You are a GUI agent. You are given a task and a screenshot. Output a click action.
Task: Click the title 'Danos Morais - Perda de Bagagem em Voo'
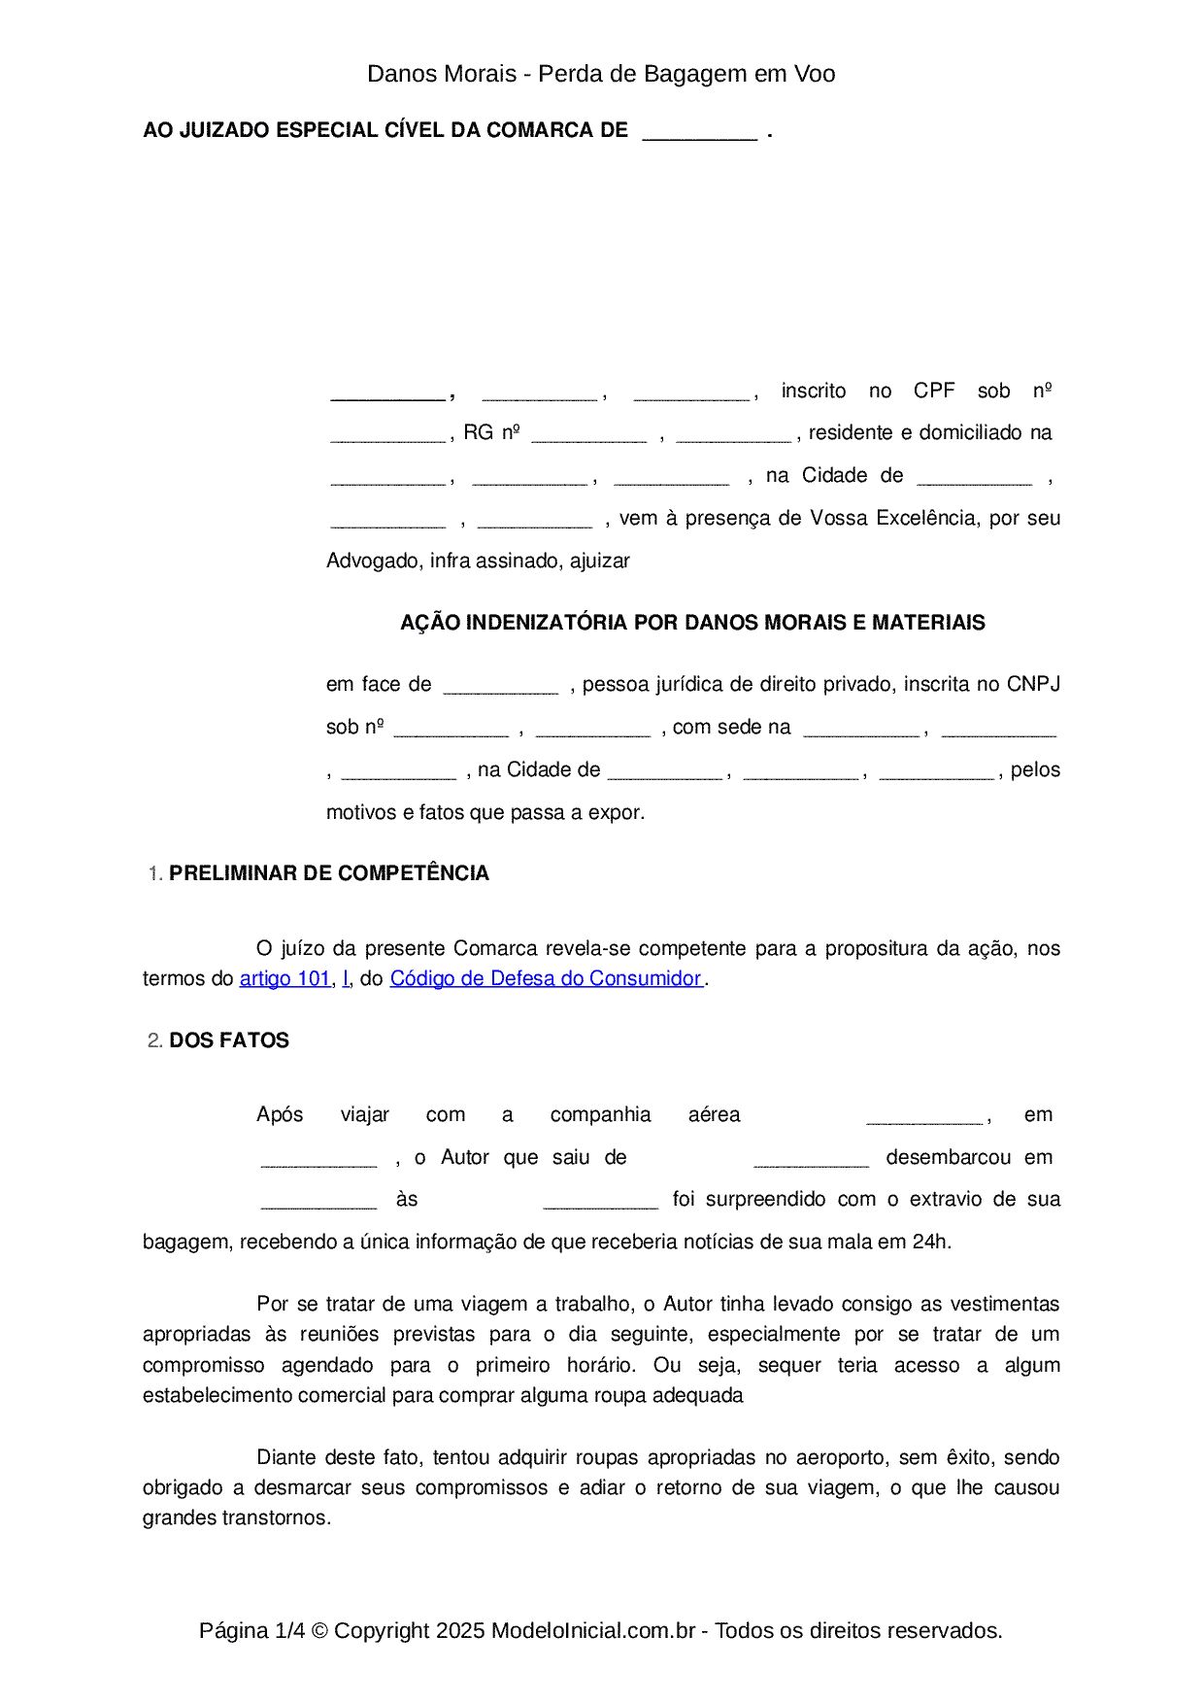point(601,74)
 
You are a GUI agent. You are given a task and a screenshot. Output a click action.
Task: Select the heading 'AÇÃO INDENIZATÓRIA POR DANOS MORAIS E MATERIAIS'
point(692,623)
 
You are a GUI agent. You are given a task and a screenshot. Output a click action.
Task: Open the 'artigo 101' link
point(285,978)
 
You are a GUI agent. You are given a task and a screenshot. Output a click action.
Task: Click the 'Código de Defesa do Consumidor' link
point(545,978)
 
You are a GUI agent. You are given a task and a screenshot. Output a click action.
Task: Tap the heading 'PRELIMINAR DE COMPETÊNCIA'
point(328,873)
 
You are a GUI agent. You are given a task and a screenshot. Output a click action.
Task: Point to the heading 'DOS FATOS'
point(229,1040)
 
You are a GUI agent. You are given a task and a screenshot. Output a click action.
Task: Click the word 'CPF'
point(934,391)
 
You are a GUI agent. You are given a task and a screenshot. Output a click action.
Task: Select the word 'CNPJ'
point(1033,684)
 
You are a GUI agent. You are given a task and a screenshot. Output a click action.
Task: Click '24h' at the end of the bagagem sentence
point(929,1242)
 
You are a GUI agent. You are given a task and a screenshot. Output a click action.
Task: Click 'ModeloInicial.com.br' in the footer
point(593,1630)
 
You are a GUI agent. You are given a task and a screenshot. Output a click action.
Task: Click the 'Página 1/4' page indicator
point(251,1630)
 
